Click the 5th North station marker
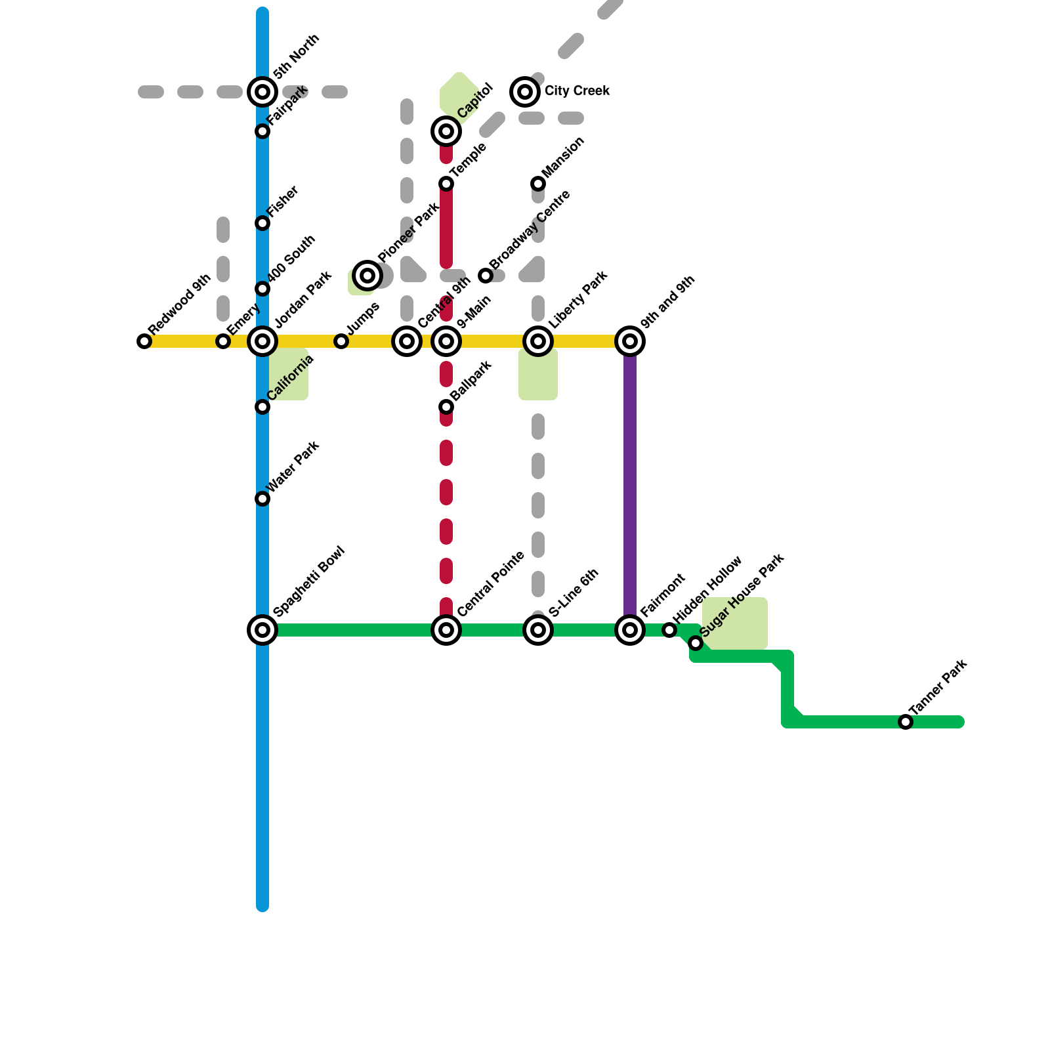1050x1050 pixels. pyautogui.click(x=262, y=92)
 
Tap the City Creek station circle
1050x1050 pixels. pyautogui.click(x=525, y=92)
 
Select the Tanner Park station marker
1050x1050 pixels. pyautogui.click(x=906, y=722)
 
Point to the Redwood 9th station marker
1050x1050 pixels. pyautogui.click(x=144, y=341)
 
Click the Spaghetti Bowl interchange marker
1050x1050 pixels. pyautogui.click(x=262, y=630)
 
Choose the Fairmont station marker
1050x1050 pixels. pyautogui.click(x=630, y=630)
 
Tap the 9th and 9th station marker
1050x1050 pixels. pyautogui.click(x=630, y=341)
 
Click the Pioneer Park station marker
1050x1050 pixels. pyautogui.click(x=367, y=276)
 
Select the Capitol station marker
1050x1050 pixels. pyautogui.click(x=446, y=131)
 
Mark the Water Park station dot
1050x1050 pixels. pyautogui.click(x=262, y=499)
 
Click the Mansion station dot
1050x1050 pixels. pyautogui.click(x=538, y=184)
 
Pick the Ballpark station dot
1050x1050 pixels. pyautogui.click(x=446, y=407)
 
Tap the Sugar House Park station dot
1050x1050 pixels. pyautogui.click(x=696, y=643)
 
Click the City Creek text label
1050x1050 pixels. pyautogui.click(x=577, y=91)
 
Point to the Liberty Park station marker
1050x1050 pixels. pyautogui.click(x=538, y=341)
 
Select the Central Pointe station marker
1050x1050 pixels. pyautogui.click(x=446, y=630)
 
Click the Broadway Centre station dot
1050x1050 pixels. pyautogui.click(x=486, y=276)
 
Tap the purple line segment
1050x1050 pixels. pyautogui.click(x=630, y=486)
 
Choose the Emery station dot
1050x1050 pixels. pyautogui.click(x=223, y=341)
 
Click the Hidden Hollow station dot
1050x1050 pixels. pyautogui.click(x=669, y=630)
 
